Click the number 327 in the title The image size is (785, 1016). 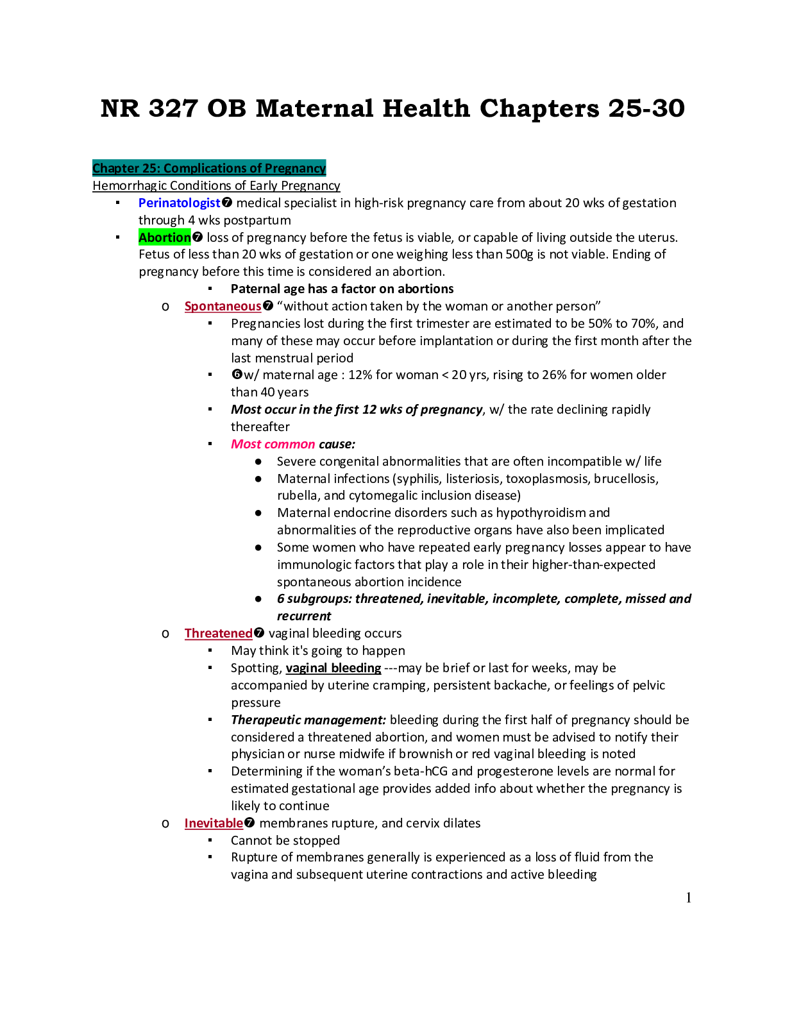173,108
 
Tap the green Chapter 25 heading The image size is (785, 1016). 209,168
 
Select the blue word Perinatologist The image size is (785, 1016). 180,203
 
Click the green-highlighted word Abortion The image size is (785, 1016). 165,237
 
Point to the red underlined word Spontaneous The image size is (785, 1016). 223,307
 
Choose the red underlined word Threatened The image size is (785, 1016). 218,634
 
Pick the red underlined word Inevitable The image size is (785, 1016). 214,824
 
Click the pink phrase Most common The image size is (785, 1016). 273,444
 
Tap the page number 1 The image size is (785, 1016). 688,898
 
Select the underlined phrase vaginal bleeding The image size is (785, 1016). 333,668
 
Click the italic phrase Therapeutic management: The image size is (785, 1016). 308,720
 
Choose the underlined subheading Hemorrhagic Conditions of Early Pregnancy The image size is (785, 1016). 216,186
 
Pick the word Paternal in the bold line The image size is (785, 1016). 255,289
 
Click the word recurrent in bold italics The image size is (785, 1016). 303,616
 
